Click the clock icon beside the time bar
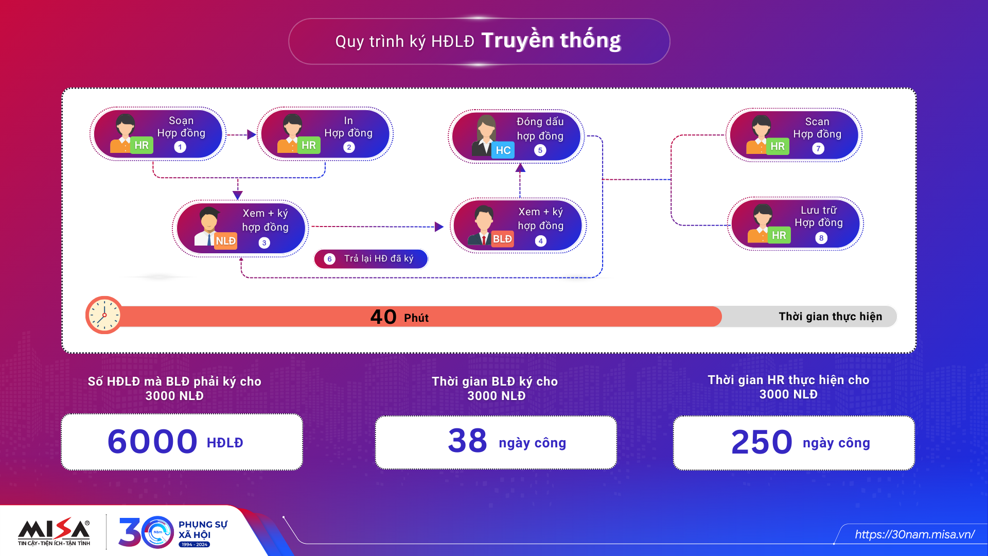tap(104, 315)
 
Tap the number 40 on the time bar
tap(383, 317)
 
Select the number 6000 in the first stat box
tap(152, 442)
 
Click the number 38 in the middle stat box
tap(467, 441)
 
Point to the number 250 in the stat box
tap(762, 442)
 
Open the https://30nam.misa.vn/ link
tap(914, 534)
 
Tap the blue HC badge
tap(503, 150)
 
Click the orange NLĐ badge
tap(225, 241)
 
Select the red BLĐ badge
tap(502, 239)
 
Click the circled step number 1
tap(180, 147)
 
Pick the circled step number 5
tap(540, 150)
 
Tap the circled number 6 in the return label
tap(329, 259)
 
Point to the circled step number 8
tap(821, 238)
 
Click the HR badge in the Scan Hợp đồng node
tap(778, 146)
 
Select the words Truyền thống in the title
tap(551, 40)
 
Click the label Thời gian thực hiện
tap(830, 317)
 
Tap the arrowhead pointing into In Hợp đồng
tap(252, 135)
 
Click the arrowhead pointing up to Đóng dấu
tap(520, 167)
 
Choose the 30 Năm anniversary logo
tap(172, 532)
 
